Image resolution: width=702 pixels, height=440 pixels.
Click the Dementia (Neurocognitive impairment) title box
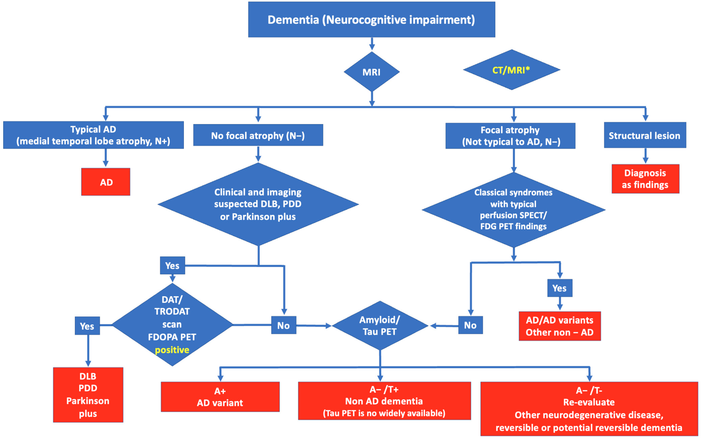[371, 20]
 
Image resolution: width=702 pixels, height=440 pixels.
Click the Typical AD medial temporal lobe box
[93, 135]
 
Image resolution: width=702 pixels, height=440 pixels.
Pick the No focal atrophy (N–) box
[258, 135]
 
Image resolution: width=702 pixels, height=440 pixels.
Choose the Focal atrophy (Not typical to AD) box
[510, 136]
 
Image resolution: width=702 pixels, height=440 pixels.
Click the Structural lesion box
[645, 135]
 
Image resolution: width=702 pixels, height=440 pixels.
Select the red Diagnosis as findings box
[645, 179]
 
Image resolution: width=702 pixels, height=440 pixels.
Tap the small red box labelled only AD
[106, 182]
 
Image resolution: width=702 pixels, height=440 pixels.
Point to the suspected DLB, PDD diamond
[258, 204]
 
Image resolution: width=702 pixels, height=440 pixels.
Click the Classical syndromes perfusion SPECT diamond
[513, 210]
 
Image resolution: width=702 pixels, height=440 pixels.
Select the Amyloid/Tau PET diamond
[380, 326]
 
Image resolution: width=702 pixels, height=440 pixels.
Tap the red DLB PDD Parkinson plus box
[88, 395]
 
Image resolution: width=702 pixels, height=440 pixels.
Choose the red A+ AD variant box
[220, 397]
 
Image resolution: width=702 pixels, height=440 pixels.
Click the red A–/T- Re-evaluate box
[589, 409]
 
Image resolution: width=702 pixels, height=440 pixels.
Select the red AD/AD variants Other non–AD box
[559, 326]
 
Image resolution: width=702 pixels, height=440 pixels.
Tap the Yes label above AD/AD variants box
[559, 288]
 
